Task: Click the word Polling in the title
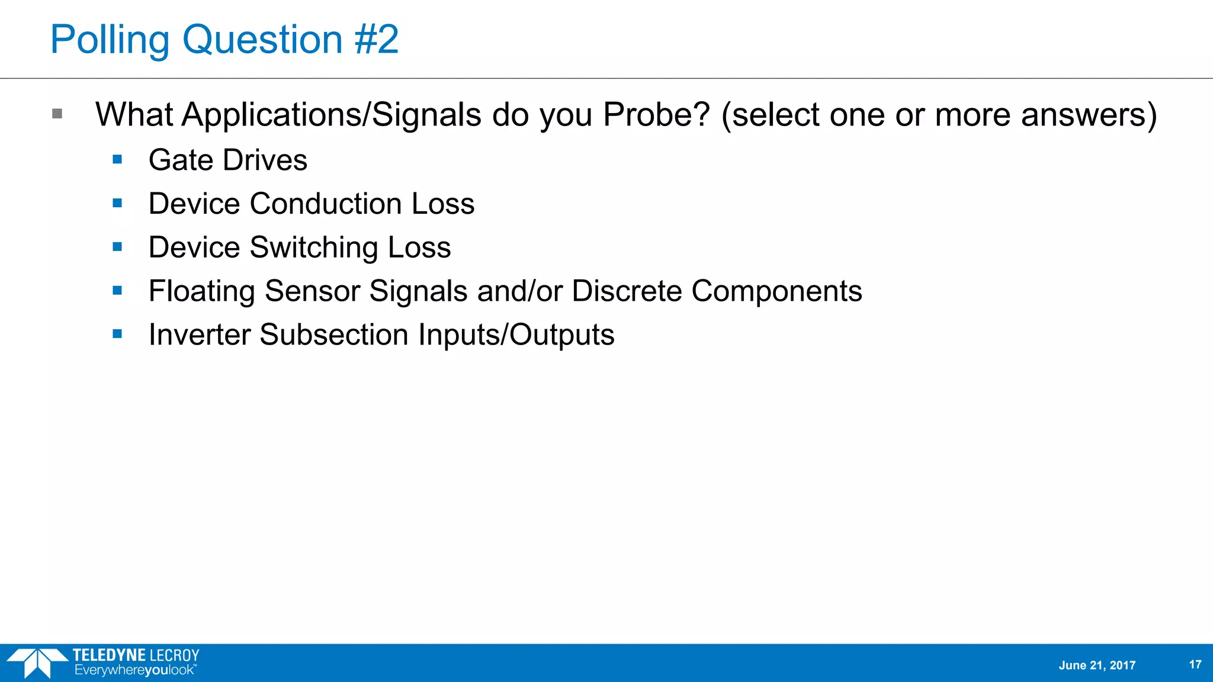pos(110,40)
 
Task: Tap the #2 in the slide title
pos(377,40)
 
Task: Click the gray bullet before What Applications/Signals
pos(57,114)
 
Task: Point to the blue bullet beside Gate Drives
pos(117,159)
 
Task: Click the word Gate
pos(181,160)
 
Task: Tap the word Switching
pos(314,247)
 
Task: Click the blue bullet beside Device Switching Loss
pos(117,247)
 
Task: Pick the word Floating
pos(201,291)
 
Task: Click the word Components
pos(776,291)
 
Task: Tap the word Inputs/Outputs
pos(516,335)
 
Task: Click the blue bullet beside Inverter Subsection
pos(117,334)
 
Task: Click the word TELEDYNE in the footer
pos(109,655)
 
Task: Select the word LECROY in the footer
pos(175,655)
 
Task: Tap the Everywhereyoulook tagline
pos(134,670)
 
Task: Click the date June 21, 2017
pos(1097,665)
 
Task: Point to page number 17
pos(1195,665)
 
